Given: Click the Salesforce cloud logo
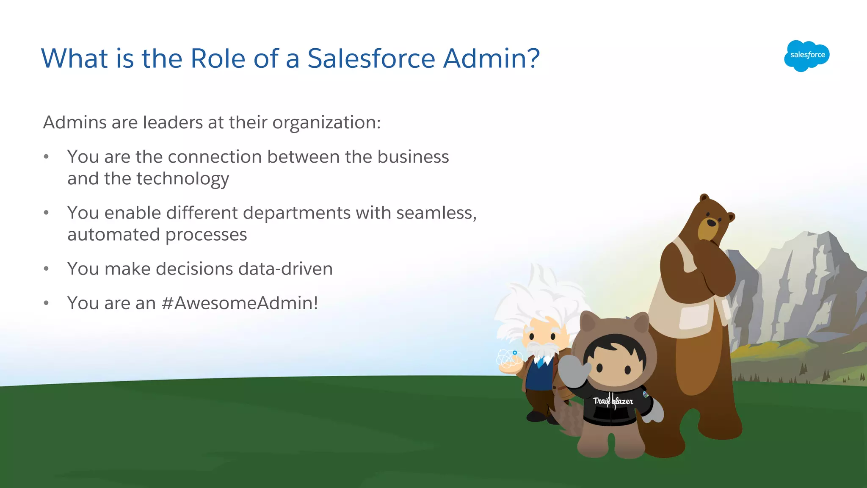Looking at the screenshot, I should (806, 55).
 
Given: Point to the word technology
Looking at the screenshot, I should (182, 179).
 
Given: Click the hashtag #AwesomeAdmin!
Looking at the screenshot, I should (240, 303).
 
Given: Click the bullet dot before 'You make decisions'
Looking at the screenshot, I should (46, 269).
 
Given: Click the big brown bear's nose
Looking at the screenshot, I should (711, 222).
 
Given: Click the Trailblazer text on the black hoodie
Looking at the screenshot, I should (613, 401).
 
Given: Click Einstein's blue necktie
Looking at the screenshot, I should (540, 362).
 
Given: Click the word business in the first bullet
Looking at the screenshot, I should (413, 157).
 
